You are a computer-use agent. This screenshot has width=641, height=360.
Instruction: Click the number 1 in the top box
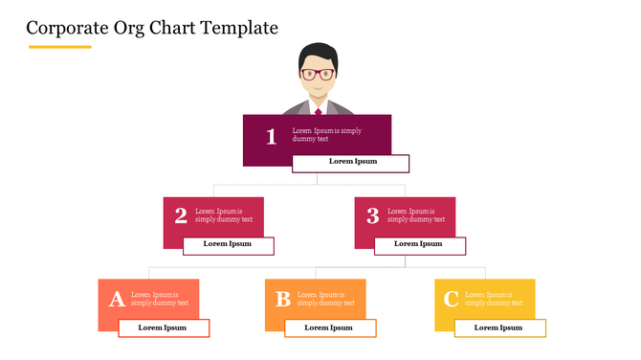(x=271, y=137)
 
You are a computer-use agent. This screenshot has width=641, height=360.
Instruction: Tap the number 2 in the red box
(x=181, y=215)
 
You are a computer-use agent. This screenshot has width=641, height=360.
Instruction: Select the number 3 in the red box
(x=373, y=215)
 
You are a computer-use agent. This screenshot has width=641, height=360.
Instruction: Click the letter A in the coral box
(x=117, y=300)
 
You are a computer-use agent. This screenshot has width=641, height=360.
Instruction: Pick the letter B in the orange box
(x=283, y=300)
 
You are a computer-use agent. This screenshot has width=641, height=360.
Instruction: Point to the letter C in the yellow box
(x=452, y=300)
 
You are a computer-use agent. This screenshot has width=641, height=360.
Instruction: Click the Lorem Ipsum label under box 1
(x=353, y=162)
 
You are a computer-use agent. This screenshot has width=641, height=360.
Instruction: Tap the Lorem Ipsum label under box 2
(x=228, y=244)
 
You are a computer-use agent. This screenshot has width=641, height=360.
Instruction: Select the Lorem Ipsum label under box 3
(x=419, y=244)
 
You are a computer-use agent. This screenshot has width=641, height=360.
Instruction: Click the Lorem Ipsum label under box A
(x=163, y=327)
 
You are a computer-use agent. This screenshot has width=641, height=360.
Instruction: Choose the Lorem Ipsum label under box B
(x=329, y=327)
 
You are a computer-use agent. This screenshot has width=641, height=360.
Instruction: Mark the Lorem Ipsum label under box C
(x=499, y=327)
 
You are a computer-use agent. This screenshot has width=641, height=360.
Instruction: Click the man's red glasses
(x=317, y=74)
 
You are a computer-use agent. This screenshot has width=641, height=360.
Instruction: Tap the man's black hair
(x=317, y=54)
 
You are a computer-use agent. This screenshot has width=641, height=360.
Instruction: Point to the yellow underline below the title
(x=59, y=46)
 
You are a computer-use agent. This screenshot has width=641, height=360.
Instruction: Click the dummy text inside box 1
(x=326, y=134)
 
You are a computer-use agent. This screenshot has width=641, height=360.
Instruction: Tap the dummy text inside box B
(x=320, y=299)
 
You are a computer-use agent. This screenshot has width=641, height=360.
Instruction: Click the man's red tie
(x=318, y=110)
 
